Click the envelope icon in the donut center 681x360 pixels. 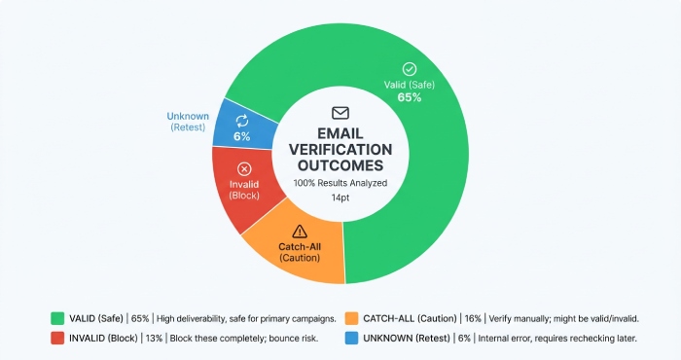(x=340, y=113)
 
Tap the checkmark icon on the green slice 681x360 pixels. (x=410, y=69)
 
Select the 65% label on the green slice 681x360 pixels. (x=410, y=98)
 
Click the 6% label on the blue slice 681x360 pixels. (x=241, y=136)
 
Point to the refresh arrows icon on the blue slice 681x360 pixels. (x=242, y=120)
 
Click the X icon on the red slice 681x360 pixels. (x=244, y=168)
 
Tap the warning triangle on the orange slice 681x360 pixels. (x=299, y=231)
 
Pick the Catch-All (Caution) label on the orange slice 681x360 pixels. (x=299, y=252)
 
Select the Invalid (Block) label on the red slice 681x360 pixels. (x=244, y=190)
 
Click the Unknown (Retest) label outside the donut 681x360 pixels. (x=188, y=122)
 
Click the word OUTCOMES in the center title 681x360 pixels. (x=340, y=166)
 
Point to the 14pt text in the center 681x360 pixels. (x=340, y=198)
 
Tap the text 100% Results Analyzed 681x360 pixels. (x=340, y=183)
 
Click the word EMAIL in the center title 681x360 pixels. (x=340, y=132)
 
